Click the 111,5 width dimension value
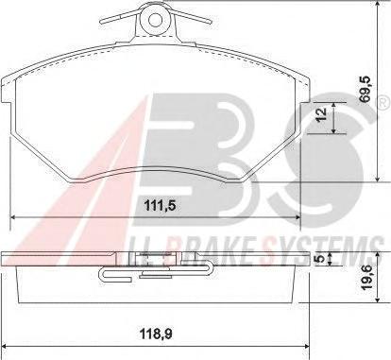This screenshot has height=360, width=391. [160, 206]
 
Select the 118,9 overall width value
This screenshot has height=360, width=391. [156, 334]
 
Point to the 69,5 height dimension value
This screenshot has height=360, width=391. [366, 89]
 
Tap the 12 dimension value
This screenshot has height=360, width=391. [322, 114]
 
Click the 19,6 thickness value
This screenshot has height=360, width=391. [366, 278]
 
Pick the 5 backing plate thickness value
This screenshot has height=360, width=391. [320, 258]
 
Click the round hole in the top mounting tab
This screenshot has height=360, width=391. [155, 21]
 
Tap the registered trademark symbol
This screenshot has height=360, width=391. [383, 103]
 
